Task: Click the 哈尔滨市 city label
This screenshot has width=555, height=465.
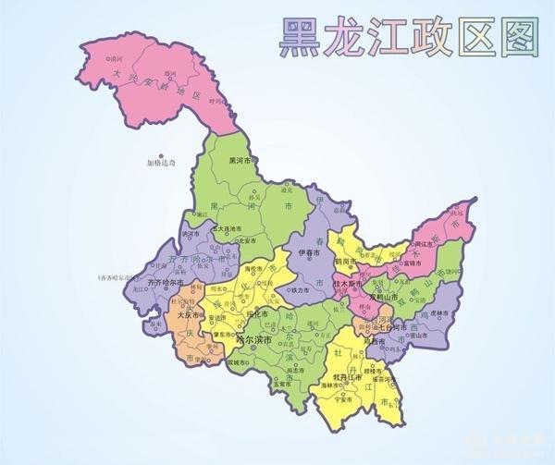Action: tap(254, 340)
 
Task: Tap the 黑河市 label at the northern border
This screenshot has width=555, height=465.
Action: tap(242, 163)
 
